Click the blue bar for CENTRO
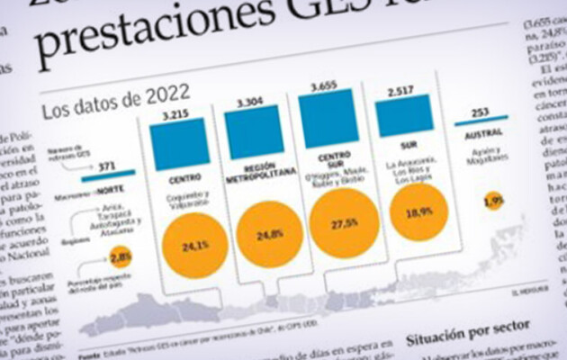[x=180, y=143]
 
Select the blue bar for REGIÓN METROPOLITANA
[x=255, y=132]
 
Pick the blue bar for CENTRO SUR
[x=328, y=118]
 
